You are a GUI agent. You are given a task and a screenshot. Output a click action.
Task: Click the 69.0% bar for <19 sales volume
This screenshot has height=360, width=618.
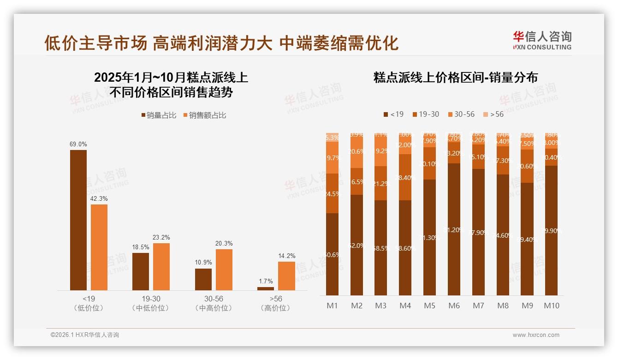pyautogui.click(x=78, y=220)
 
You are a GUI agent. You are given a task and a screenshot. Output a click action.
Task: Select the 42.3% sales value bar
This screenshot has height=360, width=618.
pyautogui.click(x=99, y=247)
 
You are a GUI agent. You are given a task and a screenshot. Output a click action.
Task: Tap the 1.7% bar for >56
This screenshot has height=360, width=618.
pyautogui.click(x=266, y=288)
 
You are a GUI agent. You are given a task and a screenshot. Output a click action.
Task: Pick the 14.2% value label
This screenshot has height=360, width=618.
pyautogui.click(x=286, y=256)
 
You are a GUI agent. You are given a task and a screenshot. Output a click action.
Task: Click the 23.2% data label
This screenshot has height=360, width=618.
pyautogui.click(x=161, y=237)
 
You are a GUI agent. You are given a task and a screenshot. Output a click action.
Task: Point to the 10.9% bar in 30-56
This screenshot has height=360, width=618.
pyautogui.click(x=203, y=279)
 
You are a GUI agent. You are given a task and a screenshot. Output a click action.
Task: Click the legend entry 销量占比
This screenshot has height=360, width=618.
pyautogui.click(x=159, y=115)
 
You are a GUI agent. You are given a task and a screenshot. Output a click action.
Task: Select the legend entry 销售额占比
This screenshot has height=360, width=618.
pyautogui.click(x=204, y=115)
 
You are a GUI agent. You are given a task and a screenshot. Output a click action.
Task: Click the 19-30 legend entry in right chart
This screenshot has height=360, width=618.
pyautogui.click(x=426, y=114)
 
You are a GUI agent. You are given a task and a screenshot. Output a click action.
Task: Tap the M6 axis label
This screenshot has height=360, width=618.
pyautogui.click(x=454, y=306)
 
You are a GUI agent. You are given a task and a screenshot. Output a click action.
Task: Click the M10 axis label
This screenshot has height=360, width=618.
pyautogui.click(x=552, y=306)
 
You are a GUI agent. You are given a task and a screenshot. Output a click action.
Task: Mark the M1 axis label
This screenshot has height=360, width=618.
pyautogui.click(x=332, y=306)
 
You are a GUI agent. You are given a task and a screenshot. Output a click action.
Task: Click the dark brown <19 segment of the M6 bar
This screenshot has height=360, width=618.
pyautogui.click(x=454, y=229)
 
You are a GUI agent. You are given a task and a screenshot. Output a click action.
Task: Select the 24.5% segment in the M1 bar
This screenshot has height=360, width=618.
pyautogui.click(x=332, y=193)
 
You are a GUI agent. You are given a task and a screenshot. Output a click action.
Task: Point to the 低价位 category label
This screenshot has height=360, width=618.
pyautogui.click(x=88, y=308)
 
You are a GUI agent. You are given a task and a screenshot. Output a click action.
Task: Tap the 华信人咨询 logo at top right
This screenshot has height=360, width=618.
pyautogui.click(x=542, y=40)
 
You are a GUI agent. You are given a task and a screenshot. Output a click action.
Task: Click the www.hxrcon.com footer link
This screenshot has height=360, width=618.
pyautogui.click(x=536, y=335)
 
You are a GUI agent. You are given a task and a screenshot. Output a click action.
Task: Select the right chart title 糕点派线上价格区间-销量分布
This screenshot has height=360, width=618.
pyautogui.click(x=455, y=78)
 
